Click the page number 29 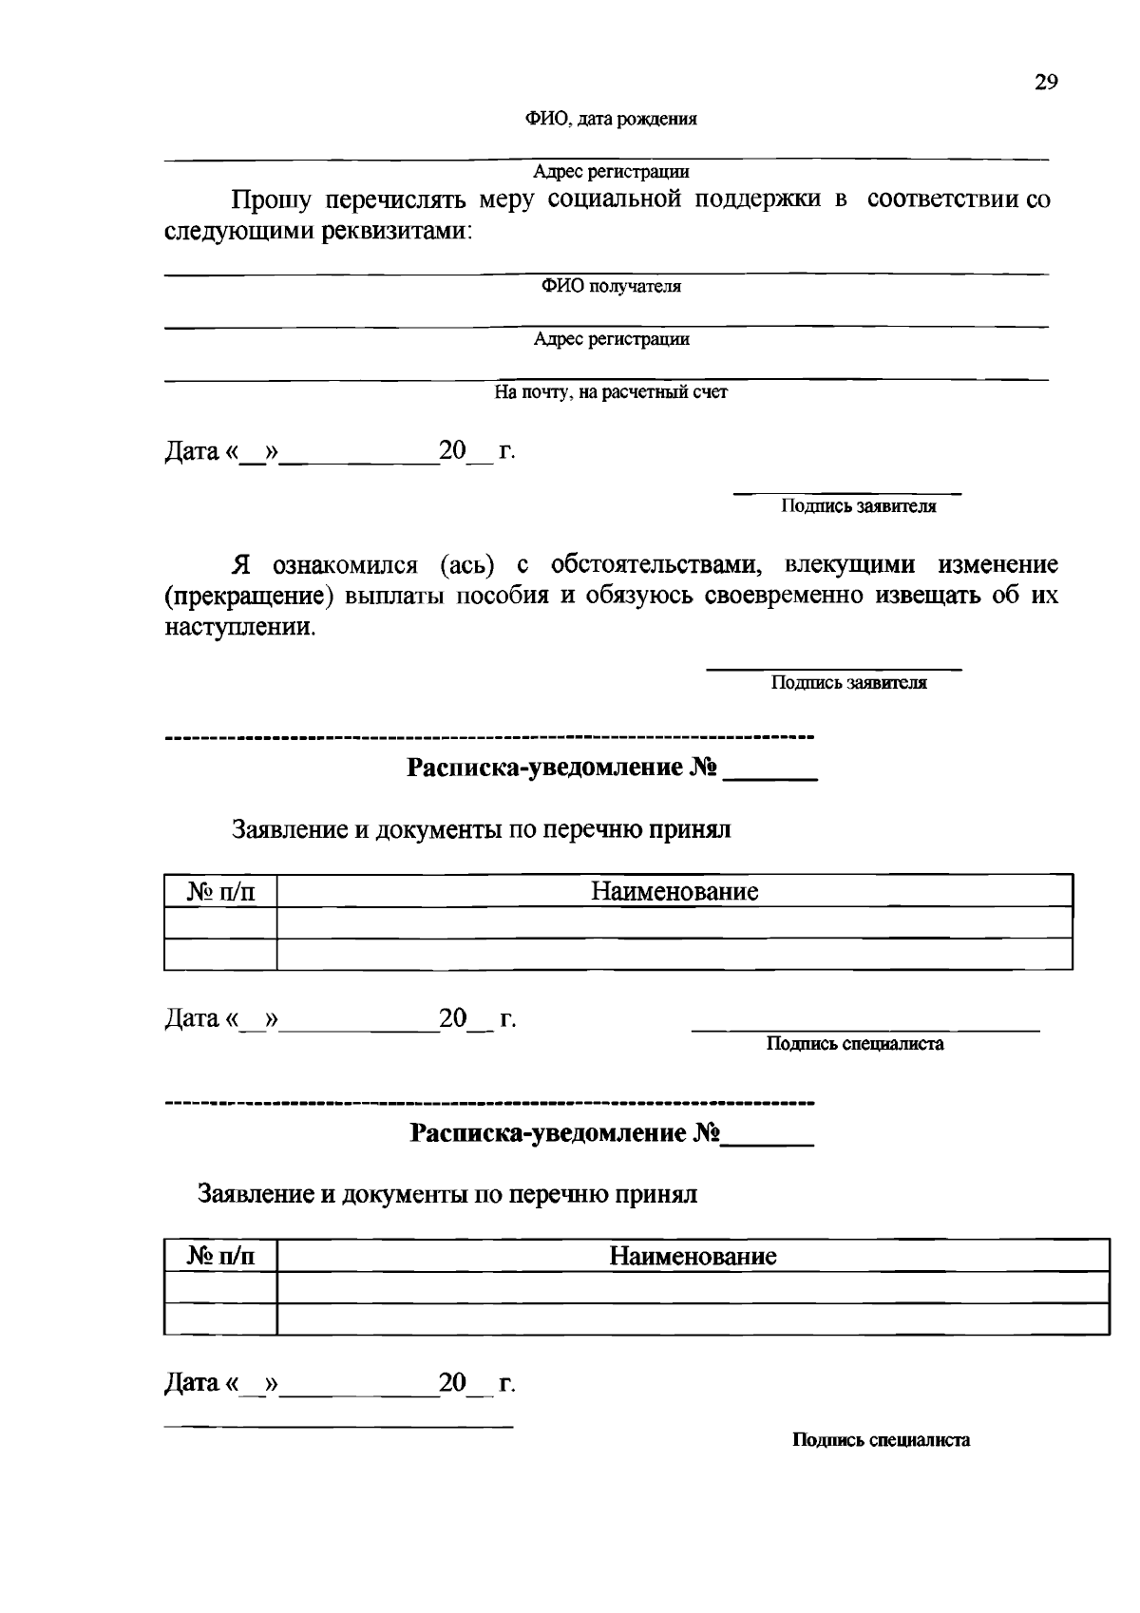(x=1045, y=82)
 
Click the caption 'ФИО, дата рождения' (x=611, y=120)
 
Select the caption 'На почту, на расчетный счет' (x=610, y=391)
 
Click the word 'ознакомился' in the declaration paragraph (x=345, y=565)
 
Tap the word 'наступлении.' (x=239, y=628)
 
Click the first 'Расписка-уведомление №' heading (x=560, y=767)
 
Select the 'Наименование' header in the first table (x=674, y=891)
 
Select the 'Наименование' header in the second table (x=693, y=1257)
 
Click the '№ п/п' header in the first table (x=220, y=891)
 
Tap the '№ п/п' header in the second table (x=220, y=1257)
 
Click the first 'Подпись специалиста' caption (x=855, y=1044)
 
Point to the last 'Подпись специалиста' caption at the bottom (x=881, y=1440)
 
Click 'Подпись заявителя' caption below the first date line (x=858, y=506)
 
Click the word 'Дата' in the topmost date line (x=192, y=451)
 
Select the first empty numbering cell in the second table (x=220, y=1287)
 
